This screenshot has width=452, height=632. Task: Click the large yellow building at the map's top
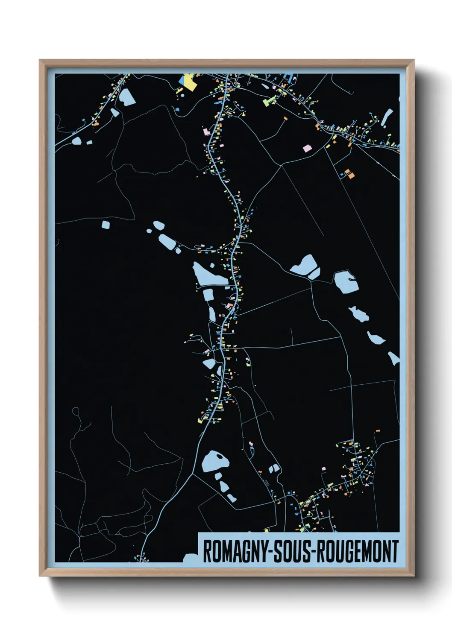[x=190, y=82]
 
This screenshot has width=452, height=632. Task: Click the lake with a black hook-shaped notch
[x=346, y=281]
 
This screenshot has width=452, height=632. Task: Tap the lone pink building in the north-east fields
[x=307, y=149]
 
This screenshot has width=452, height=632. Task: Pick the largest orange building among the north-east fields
[x=349, y=174]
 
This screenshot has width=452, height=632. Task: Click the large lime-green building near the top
[x=270, y=101]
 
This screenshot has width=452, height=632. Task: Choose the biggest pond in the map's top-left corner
[x=127, y=97]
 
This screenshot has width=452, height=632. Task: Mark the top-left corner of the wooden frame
[x=40, y=60]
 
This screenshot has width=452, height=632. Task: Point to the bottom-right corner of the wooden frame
[x=414, y=576]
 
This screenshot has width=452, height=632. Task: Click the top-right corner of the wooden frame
[x=414, y=60]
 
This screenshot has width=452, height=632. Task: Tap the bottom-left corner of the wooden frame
[x=40, y=576]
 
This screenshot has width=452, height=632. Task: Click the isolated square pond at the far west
[x=106, y=224]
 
